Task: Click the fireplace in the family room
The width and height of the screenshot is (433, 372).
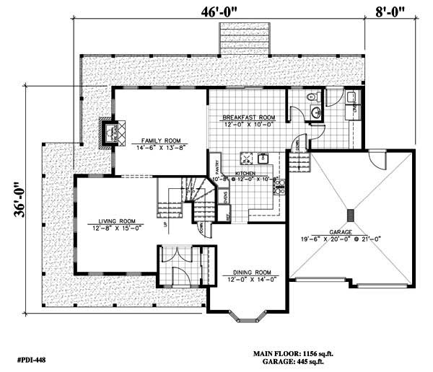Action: [x=110, y=133]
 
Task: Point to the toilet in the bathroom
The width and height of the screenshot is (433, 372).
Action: [x=310, y=97]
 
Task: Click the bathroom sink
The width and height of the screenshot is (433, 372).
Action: [x=316, y=112]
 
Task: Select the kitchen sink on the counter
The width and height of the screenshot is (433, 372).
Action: [x=263, y=157]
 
